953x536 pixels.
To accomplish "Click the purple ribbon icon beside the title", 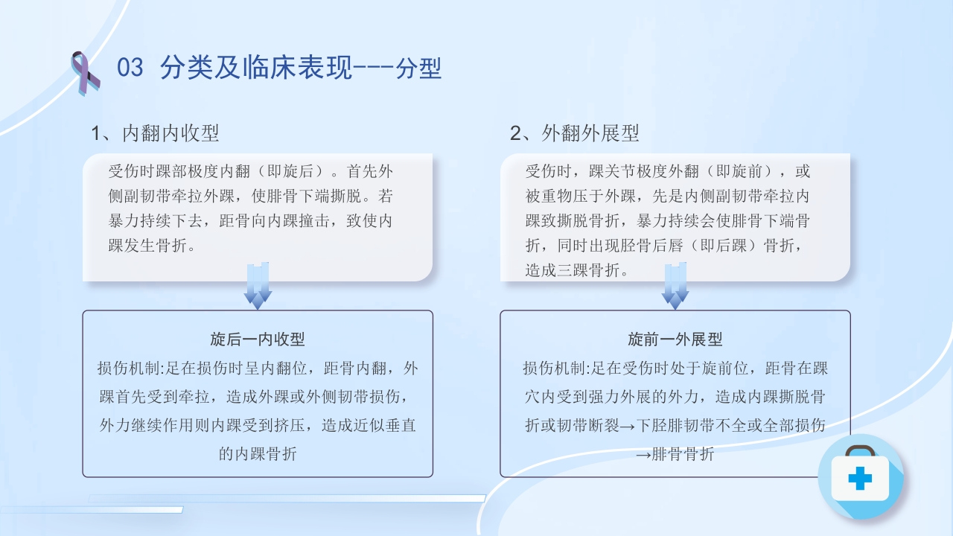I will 85,73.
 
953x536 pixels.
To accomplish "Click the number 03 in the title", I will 130,68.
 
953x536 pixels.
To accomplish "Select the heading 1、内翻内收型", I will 155,133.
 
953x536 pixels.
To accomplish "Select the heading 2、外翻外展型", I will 574,133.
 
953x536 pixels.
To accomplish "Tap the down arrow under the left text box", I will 258,286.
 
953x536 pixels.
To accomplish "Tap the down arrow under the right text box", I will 675,286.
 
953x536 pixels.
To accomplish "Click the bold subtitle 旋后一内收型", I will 258,339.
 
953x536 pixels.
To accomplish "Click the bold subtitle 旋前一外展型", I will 675,339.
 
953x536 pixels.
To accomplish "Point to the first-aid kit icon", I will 860,476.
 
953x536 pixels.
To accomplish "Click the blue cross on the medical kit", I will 860,479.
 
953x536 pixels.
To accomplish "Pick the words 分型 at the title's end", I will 419,68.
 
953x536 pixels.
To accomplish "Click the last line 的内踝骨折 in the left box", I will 258,453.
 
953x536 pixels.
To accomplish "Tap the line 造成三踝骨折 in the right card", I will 577,270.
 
